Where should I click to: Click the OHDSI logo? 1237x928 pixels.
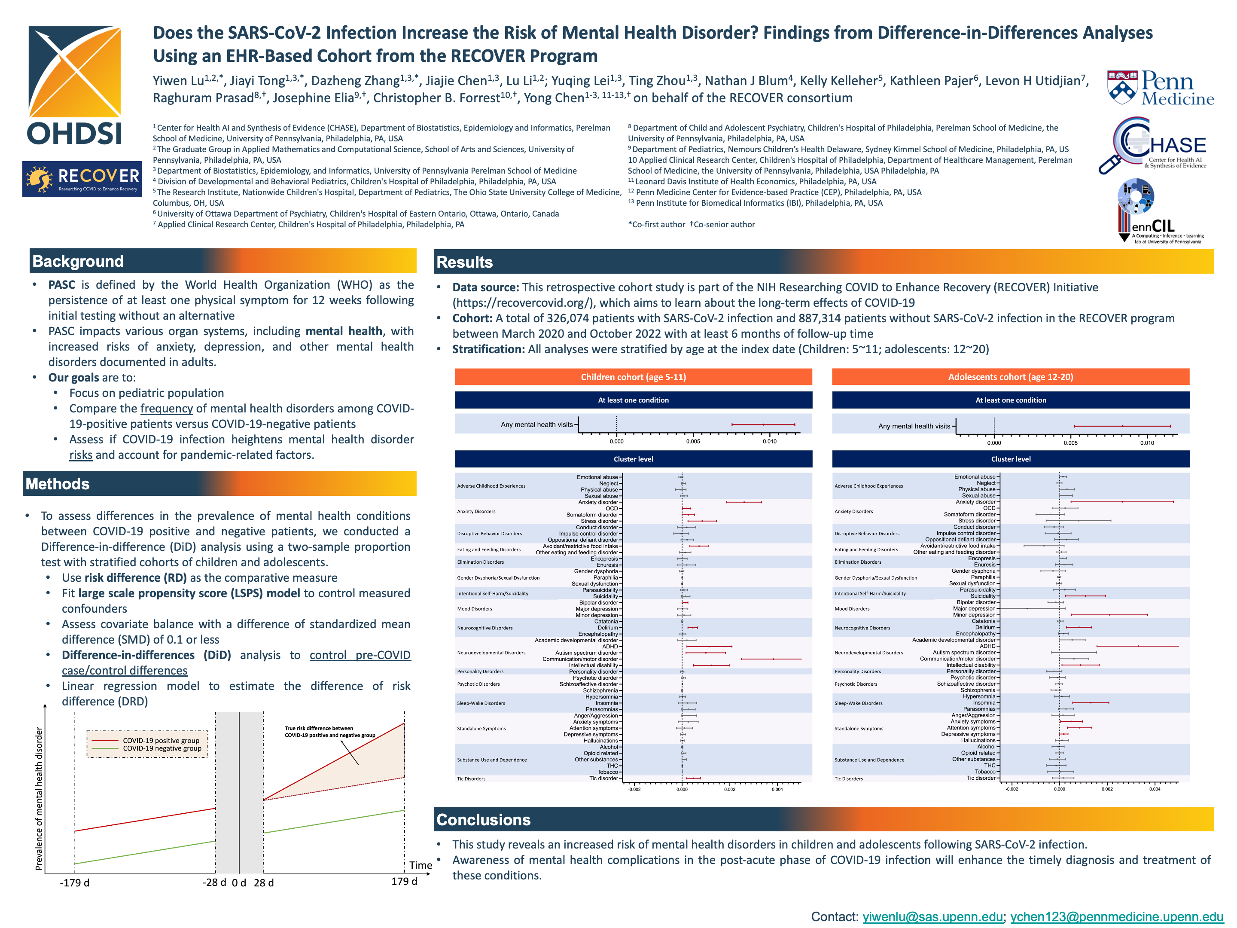tap(74, 85)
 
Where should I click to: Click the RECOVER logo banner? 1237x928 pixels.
tap(82, 179)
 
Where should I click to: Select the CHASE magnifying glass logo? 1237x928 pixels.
tap(1152, 146)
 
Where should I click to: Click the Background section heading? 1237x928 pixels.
tap(78, 261)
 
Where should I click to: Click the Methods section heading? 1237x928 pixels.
tap(58, 484)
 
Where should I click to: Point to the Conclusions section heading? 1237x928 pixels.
tap(483, 819)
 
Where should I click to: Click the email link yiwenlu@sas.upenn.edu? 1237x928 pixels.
tap(932, 916)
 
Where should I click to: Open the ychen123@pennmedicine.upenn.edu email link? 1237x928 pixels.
tap(1116, 916)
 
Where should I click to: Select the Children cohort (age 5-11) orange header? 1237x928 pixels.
tap(633, 377)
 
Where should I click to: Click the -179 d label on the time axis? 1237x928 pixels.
tap(74, 883)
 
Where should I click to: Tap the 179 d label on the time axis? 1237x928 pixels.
tap(404, 882)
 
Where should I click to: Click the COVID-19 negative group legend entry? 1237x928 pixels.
tap(161, 748)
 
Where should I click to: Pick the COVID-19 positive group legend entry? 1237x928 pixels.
tap(161, 741)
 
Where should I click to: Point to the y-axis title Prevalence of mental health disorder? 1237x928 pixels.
tap(39, 798)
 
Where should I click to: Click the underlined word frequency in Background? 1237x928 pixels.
tap(166, 408)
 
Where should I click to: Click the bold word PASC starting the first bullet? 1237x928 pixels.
tap(61, 285)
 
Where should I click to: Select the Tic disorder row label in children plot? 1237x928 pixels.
tap(603, 778)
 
